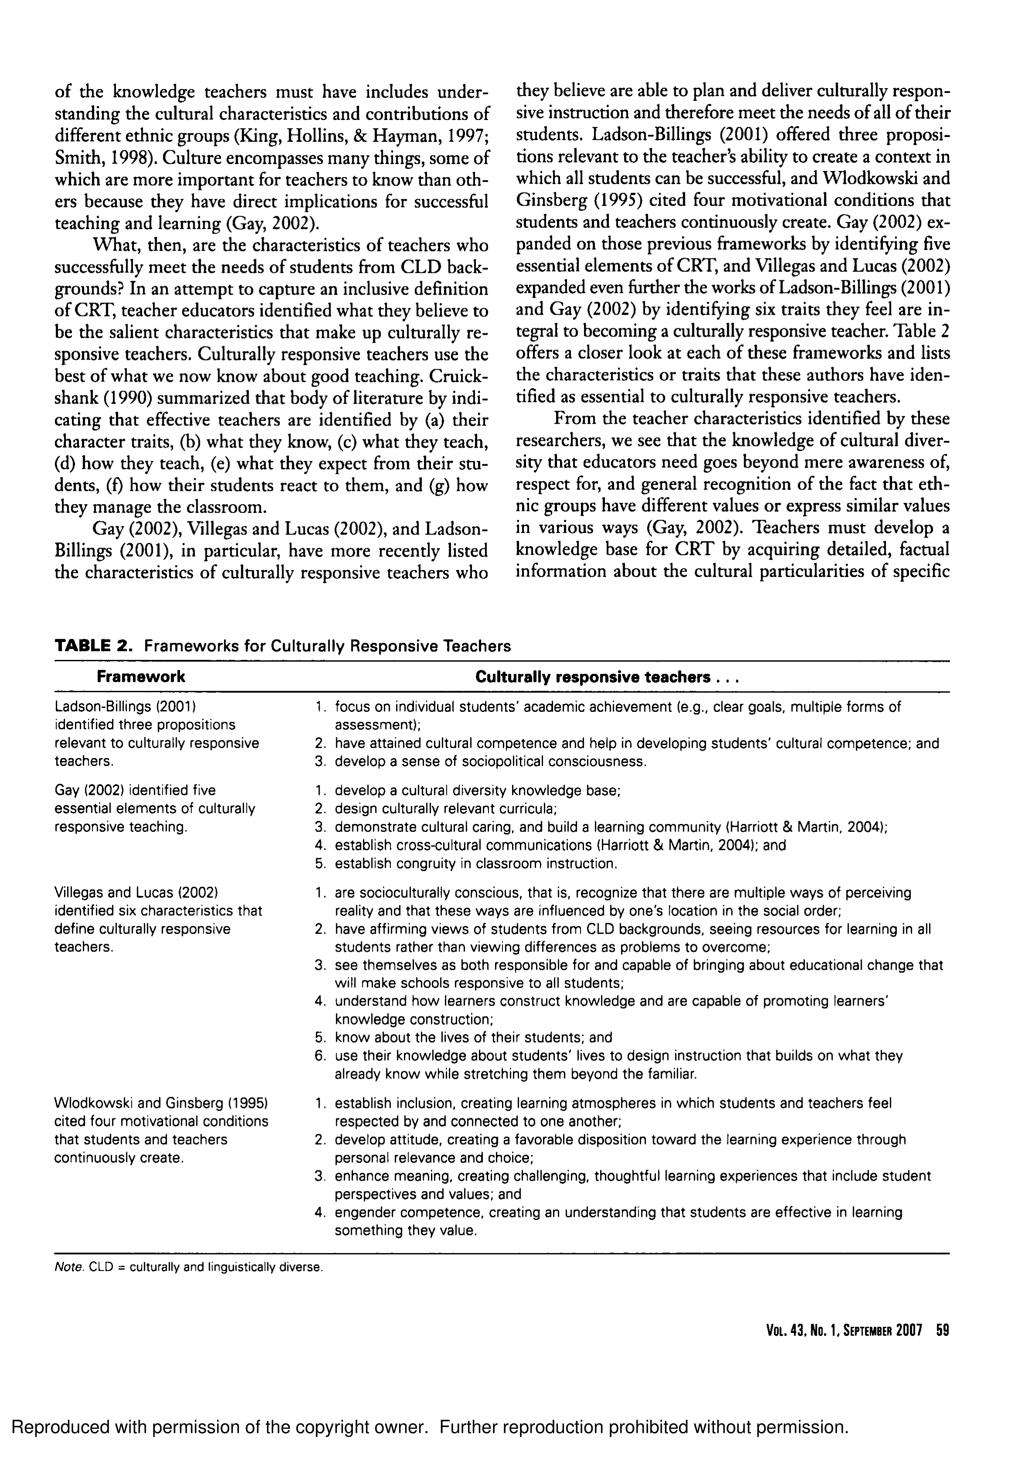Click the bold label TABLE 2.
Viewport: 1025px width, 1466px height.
[x=93, y=645]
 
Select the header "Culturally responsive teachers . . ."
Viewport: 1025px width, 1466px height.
[x=606, y=677]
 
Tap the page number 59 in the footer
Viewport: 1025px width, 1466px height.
[x=942, y=1330]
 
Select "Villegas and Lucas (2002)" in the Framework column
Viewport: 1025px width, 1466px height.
[x=137, y=892]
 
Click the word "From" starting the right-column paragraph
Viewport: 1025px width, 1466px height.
[x=574, y=419]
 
